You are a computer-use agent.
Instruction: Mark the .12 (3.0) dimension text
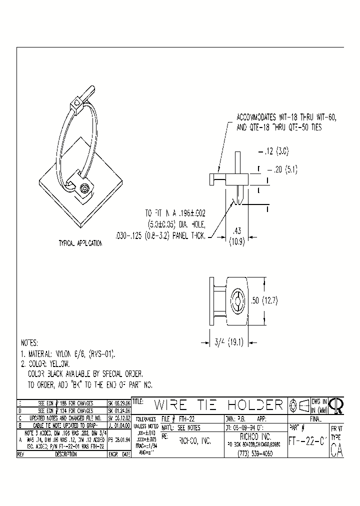(x=274, y=150)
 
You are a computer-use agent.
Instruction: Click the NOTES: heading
(x=29, y=343)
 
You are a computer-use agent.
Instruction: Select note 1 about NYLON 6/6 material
(x=68, y=354)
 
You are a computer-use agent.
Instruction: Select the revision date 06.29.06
(x=118, y=402)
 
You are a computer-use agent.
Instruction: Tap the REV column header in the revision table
(x=20, y=454)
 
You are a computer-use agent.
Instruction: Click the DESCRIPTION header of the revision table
(x=65, y=454)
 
